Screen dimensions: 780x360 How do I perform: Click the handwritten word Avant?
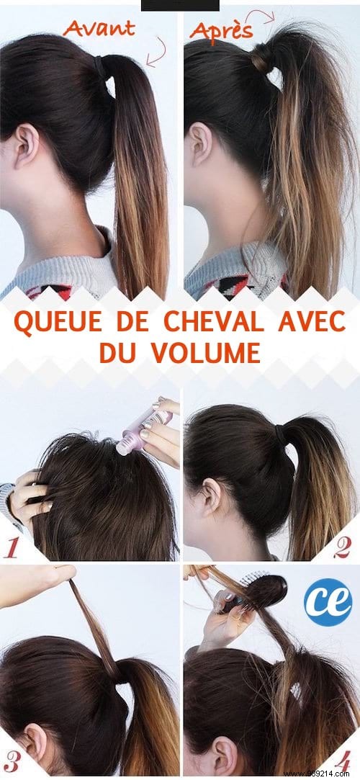(x=100, y=30)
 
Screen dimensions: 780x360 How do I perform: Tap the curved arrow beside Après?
(x=269, y=18)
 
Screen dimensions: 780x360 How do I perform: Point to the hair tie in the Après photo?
(x=261, y=58)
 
